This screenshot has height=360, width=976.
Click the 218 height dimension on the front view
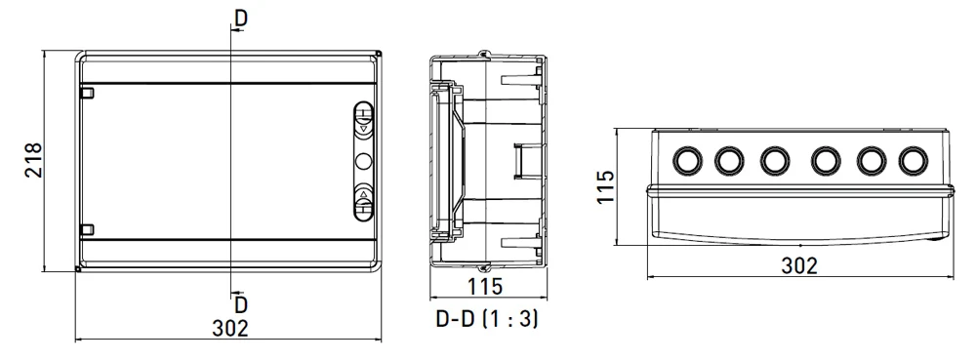click(33, 161)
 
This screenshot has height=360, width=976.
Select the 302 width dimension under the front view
click(230, 328)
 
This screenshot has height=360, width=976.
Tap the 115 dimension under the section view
click(484, 287)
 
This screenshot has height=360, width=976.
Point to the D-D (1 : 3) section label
click(487, 319)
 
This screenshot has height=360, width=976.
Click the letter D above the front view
click(241, 19)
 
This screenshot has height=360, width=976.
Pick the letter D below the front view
click(241, 304)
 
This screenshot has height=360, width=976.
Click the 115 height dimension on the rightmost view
click(605, 186)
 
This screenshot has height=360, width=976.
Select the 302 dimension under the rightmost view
click(799, 265)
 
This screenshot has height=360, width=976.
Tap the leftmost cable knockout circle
click(688, 160)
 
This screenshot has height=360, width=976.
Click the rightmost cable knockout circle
click(914, 160)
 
